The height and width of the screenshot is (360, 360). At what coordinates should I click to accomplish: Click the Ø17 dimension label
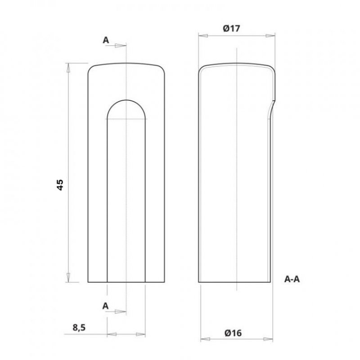pyautogui.click(x=231, y=28)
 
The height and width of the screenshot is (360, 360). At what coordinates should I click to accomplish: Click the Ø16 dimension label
pyautogui.click(x=233, y=333)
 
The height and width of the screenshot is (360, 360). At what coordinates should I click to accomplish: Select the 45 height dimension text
pyautogui.click(x=60, y=185)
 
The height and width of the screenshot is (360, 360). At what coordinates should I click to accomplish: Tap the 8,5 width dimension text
pyautogui.click(x=79, y=328)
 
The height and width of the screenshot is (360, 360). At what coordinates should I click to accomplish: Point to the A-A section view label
pyautogui.click(x=292, y=279)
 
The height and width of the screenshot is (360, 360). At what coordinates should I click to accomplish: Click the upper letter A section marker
pyautogui.click(x=106, y=40)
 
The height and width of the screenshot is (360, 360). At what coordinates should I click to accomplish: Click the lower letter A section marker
pyautogui.click(x=105, y=306)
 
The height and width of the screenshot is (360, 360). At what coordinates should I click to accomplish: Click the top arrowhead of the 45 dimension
pyautogui.click(x=68, y=68)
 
